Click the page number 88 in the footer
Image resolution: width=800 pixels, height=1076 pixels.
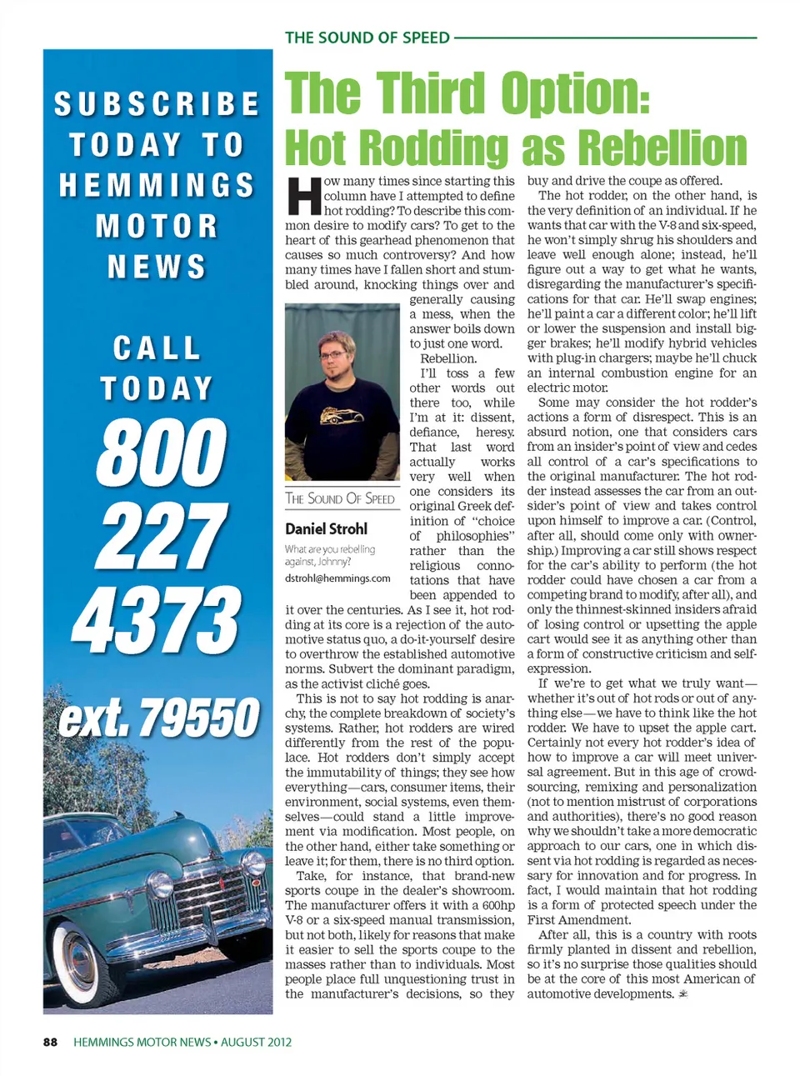pos(50,1042)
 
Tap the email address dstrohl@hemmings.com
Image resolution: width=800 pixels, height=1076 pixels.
pos(337,578)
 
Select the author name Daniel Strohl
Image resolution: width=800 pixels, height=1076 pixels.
pos(326,528)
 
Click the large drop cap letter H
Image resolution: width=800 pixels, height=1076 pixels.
pos(303,195)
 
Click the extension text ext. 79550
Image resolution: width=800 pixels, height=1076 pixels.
pos(158,718)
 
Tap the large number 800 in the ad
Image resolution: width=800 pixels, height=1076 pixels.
pos(161,452)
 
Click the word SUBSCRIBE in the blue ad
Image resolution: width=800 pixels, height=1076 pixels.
pos(157,104)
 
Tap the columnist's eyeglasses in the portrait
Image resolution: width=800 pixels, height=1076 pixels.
pos(338,354)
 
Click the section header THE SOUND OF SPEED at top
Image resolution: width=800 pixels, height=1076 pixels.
pos(367,38)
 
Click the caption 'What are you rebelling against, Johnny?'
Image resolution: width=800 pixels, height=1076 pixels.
pos(330,555)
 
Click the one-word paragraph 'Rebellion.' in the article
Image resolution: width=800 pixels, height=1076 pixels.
pos(448,358)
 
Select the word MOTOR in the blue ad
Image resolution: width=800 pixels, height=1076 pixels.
pos(157,226)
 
